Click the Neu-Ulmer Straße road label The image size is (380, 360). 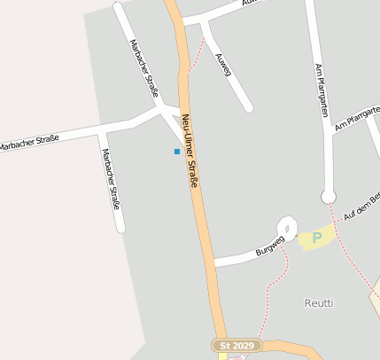tap(190, 152)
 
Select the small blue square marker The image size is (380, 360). tap(177, 152)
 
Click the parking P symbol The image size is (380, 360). tap(316, 239)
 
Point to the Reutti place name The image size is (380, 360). tap(319, 302)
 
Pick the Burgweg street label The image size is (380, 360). tap(269, 245)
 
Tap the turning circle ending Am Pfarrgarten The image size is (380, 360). tap(329, 196)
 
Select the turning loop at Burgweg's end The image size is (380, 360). tap(287, 228)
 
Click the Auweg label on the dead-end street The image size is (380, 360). tap(222, 64)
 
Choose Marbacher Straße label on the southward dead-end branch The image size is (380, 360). tap(110, 178)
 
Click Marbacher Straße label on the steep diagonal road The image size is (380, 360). tap(143, 67)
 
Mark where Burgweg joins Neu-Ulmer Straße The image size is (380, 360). tap(213, 262)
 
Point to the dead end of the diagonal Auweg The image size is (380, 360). tap(249, 108)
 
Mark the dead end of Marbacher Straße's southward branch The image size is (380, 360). tap(120, 230)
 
